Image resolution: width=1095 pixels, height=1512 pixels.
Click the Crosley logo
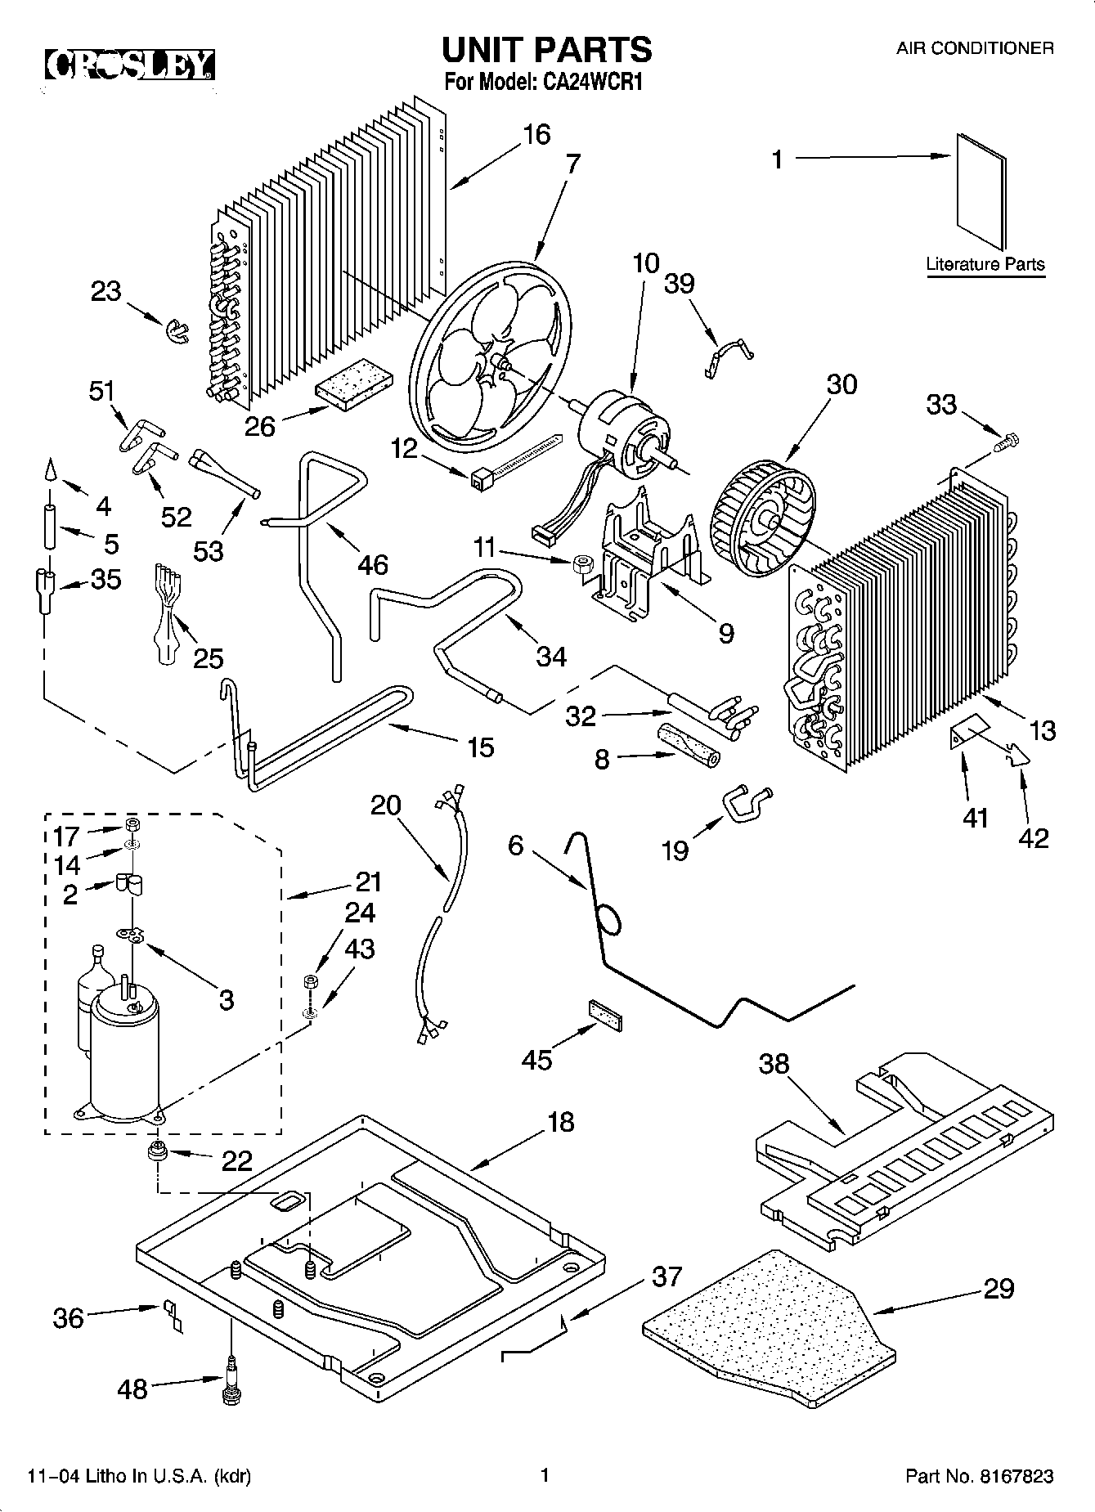click(129, 65)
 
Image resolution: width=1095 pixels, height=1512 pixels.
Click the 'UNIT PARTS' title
click(547, 49)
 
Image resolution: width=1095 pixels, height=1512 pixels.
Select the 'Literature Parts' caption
click(985, 264)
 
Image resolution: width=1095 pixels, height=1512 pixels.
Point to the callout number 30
click(841, 384)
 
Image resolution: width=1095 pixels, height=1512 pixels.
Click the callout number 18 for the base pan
click(560, 1122)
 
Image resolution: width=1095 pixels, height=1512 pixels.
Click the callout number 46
click(373, 565)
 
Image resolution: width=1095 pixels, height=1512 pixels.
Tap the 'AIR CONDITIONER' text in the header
click(975, 48)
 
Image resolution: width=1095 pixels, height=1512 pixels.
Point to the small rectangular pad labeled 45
click(603, 1012)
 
